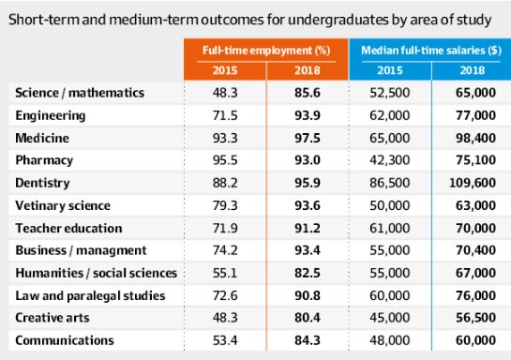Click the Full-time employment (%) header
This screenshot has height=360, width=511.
tap(266, 51)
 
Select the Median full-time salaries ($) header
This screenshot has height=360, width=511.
tap(431, 51)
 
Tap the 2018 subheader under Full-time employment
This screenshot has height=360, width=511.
tap(308, 70)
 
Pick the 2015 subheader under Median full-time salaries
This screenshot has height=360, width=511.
tap(390, 70)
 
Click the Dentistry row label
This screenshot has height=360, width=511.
tap(42, 183)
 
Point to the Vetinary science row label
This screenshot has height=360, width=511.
tap(63, 205)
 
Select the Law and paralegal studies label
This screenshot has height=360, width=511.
tap(90, 296)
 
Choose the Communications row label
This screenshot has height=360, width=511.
tap(65, 340)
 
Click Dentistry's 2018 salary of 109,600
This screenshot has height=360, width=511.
tap(473, 183)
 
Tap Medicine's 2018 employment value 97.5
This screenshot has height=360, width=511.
tap(308, 138)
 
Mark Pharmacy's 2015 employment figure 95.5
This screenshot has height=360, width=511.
tap(225, 160)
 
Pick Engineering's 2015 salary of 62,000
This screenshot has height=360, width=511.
tap(390, 115)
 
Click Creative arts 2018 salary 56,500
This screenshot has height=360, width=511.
tap(475, 318)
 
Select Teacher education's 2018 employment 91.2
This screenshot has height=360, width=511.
tap(308, 228)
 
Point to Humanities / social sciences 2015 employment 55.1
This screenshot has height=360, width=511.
tap(225, 273)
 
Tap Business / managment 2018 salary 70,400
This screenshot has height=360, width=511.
tap(475, 250)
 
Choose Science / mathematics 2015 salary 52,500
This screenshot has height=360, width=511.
tap(390, 93)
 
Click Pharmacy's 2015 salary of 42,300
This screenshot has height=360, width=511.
tap(390, 160)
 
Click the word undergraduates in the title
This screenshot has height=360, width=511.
tap(338, 21)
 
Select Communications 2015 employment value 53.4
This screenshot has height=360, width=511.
tap(225, 340)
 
